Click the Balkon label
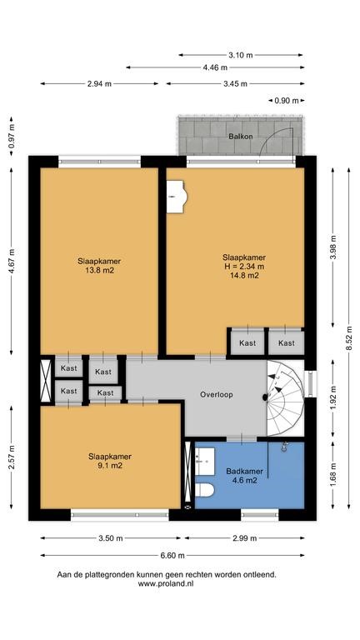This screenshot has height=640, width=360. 240,137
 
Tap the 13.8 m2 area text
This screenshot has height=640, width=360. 99,270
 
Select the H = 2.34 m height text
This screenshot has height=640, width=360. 244,267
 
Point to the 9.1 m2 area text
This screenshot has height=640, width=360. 110,465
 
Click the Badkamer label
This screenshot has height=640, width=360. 244,472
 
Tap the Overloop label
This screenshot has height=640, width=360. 217,395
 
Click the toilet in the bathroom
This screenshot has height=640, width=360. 205,490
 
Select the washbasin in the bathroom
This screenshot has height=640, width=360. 205,462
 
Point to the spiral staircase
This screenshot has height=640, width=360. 286,398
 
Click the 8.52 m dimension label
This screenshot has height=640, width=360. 349,338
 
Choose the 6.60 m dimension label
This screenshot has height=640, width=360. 172,555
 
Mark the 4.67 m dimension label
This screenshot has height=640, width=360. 12,261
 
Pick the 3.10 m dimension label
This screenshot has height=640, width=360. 241,55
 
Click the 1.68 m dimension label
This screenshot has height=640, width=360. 333,474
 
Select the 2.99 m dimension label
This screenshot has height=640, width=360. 244,538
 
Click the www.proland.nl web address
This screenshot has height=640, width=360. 166,583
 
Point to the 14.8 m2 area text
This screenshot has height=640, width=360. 244,275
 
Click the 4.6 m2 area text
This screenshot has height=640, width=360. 244,480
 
